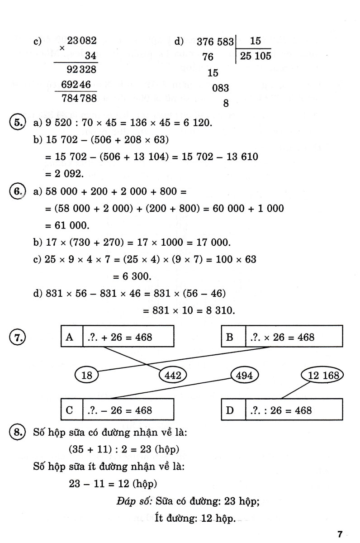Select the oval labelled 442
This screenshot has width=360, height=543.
click(173, 375)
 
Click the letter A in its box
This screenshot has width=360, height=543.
click(70, 337)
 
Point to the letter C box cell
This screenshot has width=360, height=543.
click(70, 410)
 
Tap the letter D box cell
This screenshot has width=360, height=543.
click(230, 410)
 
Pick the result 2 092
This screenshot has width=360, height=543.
click(65, 173)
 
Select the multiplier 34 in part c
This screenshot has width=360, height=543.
click(90, 56)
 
